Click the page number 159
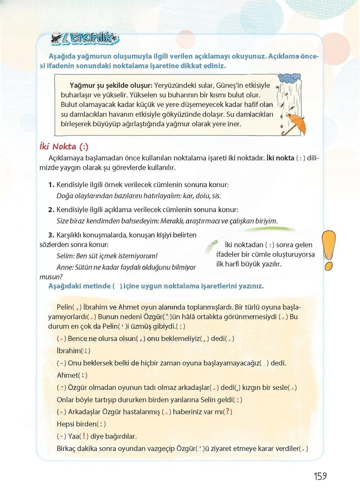[320, 476]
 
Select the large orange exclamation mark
[329, 250]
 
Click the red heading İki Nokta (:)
[64, 146]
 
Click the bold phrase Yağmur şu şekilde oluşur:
[111, 86]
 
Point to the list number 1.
[51, 185]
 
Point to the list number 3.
[51, 235]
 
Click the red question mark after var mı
[228, 412]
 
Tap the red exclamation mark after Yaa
[84, 436]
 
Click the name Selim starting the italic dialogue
[65, 256]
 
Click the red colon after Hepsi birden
[102, 424]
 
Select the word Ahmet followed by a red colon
[67, 375]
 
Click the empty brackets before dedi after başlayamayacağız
[265, 363]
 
